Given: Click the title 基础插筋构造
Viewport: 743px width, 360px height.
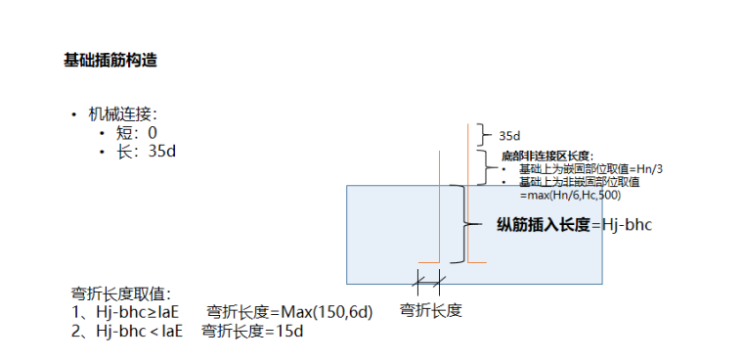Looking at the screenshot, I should pyautogui.click(x=110, y=61).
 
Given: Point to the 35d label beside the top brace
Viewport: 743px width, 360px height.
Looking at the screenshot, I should pyautogui.click(x=508, y=136).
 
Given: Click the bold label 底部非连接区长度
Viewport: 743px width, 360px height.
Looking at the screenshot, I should pyautogui.click(x=546, y=157).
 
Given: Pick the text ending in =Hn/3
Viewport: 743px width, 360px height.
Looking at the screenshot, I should pyautogui.click(x=590, y=169).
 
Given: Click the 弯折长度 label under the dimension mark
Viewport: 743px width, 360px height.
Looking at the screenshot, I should pyautogui.click(x=430, y=310).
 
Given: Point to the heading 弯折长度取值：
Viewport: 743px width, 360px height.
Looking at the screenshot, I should pyautogui.click(x=121, y=293).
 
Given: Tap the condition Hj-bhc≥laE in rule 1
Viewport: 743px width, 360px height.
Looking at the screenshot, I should pyautogui.click(x=140, y=313).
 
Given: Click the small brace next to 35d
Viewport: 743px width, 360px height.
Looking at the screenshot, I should pyautogui.click(x=482, y=134).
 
